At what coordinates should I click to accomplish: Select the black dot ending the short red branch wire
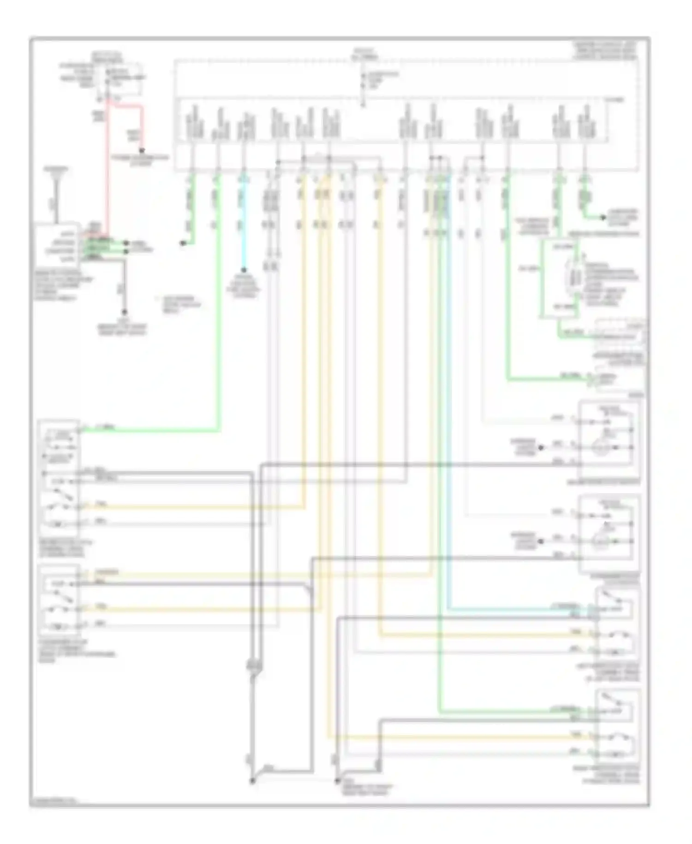pyautogui.click(x=142, y=151)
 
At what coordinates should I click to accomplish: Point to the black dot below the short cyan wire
pyautogui.click(x=244, y=271)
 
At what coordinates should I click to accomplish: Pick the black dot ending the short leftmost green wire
pyautogui.click(x=183, y=243)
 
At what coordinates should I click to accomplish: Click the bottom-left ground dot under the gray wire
pyautogui.click(x=252, y=781)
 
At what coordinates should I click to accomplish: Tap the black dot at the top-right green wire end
pyautogui.click(x=603, y=217)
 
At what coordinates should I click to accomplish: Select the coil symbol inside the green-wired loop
pyautogui.click(x=572, y=277)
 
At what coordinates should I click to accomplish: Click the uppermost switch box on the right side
pyautogui.click(x=609, y=439)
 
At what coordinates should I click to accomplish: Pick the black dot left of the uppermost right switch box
pyautogui.click(x=541, y=447)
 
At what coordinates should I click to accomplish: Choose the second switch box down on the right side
pyautogui.click(x=609, y=533)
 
